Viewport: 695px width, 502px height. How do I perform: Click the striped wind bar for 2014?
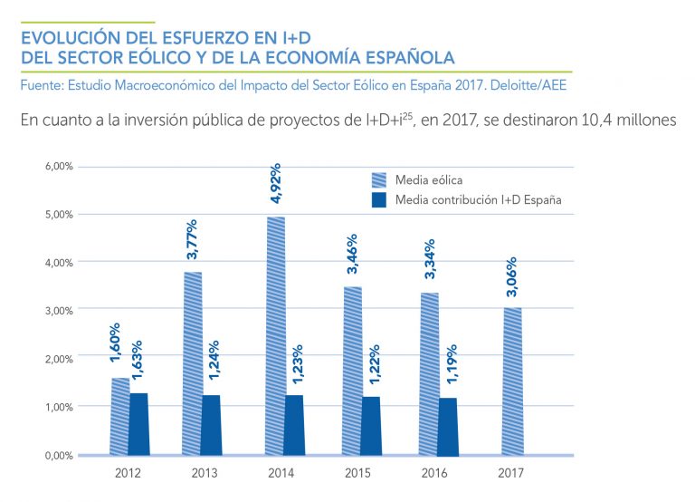click(x=275, y=335)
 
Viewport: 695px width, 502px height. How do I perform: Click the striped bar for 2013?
click(x=193, y=362)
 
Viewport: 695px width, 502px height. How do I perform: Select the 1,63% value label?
click(x=139, y=366)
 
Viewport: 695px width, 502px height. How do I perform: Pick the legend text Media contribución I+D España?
click(x=479, y=199)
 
